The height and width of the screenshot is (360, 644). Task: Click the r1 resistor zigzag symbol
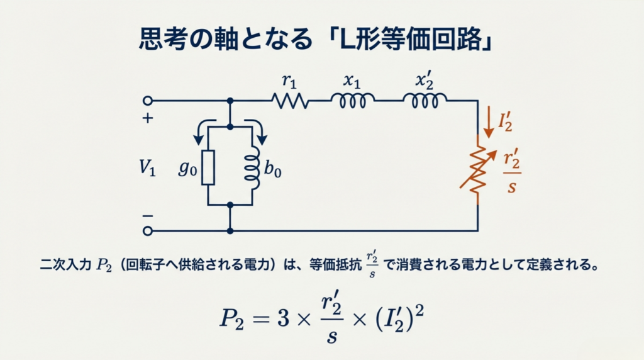pyautogui.click(x=290, y=100)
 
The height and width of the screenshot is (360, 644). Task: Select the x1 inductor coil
pyautogui.click(x=353, y=100)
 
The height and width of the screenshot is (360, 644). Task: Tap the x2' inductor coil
pyautogui.click(x=425, y=100)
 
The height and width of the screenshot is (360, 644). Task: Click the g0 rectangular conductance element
pyautogui.click(x=208, y=167)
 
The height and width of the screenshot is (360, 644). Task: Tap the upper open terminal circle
pyautogui.click(x=148, y=100)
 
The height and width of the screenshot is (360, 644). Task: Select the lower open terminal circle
pyautogui.click(x=148, y=231)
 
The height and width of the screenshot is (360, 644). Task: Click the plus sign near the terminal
pyautogui.click(x=148, y=118)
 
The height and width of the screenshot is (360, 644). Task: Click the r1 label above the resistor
pyautogui.click(x=288, y=81)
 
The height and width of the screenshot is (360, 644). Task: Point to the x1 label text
pyautogui.click(x=352, y=81)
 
